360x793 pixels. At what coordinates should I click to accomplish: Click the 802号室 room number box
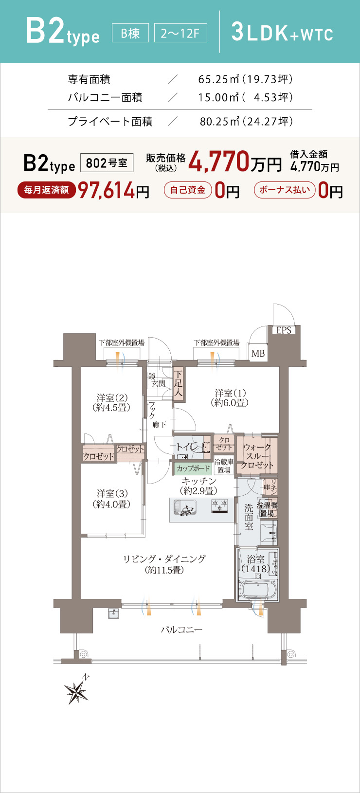[107, 163]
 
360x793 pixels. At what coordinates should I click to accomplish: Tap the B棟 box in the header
[130, 33]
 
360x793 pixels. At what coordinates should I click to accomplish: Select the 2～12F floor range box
[180, 33]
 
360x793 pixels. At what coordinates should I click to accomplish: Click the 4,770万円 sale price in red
[235, 162]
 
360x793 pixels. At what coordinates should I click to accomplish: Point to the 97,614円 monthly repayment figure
[114, 191]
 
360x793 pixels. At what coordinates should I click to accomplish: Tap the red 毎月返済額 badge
[46, 190]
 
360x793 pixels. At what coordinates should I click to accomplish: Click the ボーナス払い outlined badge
[285, 190]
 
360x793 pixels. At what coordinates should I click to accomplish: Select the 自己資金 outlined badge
[188, 190]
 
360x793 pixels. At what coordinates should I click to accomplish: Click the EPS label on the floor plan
[284, 330]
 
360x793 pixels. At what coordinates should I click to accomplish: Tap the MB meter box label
[258, 353]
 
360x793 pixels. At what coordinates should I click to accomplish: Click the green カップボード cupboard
[193, 469]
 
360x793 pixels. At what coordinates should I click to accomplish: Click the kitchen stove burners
[220, 505]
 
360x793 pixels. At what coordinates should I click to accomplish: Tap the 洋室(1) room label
[230, 397]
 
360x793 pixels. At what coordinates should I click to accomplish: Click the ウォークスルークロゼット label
[257, 456]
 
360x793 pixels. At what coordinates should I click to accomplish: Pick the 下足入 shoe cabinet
[179, 383]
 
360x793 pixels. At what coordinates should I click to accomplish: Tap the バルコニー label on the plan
[181, 630]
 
